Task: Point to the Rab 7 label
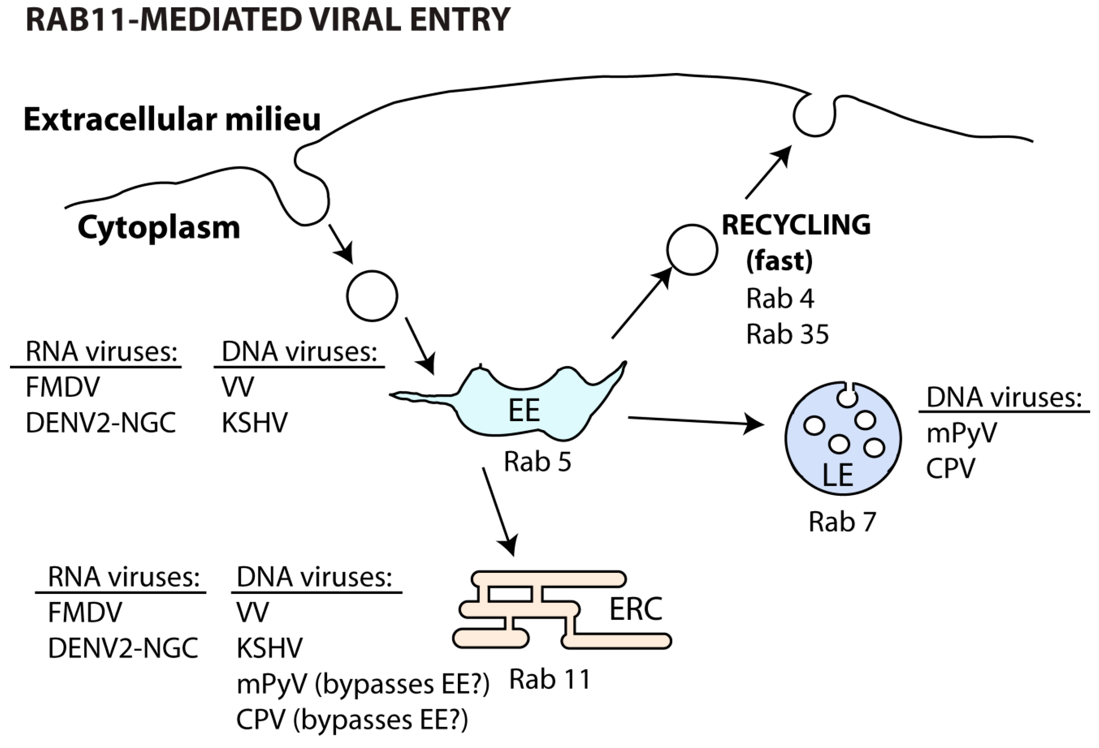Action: [842, 522]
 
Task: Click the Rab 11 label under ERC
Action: [550, 680]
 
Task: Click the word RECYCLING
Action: [796, 225]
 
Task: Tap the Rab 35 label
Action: [787, 334]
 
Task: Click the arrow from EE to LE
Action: [695, 420]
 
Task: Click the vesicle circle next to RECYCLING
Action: [692, 250]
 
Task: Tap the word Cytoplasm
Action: [159, 228]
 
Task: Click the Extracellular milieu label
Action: [172, 119]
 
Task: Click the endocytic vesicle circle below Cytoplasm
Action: [372, 296]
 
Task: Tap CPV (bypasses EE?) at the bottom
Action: [352, 720]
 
